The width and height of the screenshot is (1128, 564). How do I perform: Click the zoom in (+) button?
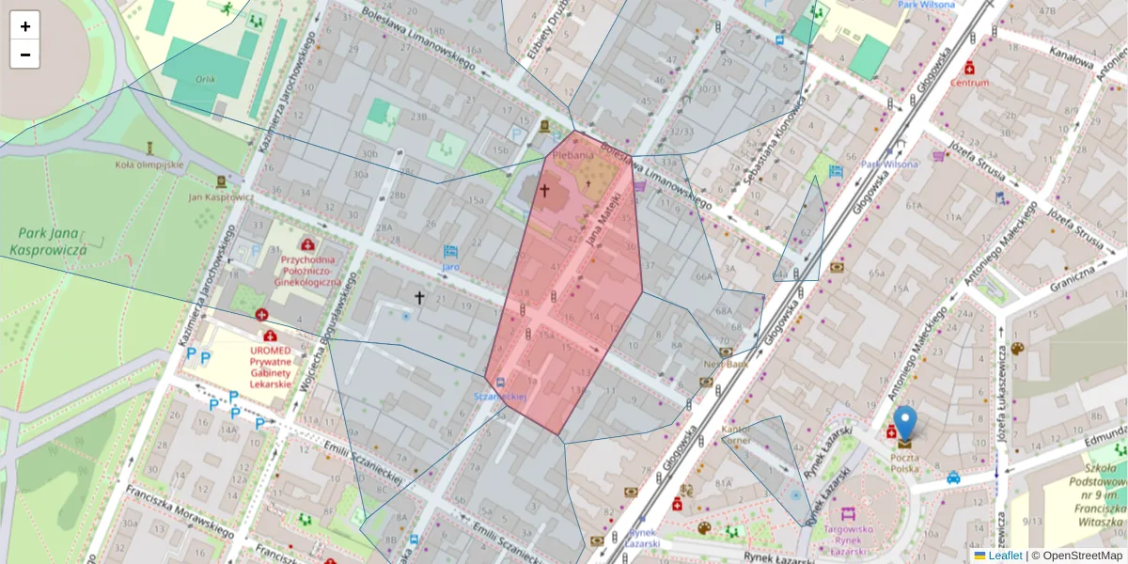tap(24, 26)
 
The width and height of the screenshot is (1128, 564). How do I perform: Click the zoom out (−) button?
tap(24, 55)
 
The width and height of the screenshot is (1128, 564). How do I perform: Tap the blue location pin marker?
tap(904, 425)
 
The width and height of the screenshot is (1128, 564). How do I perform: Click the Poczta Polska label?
tap(904, 462)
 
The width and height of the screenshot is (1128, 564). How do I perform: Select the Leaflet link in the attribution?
tap(1004, 556)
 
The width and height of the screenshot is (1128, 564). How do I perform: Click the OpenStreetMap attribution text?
tap(1082, 556)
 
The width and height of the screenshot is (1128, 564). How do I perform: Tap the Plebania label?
tap(573, 154)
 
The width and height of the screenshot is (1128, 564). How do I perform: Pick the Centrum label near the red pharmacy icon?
tap(970, 82)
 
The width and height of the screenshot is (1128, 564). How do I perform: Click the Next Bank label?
tap(726, 363)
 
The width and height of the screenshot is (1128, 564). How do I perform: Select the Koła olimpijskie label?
tap(149, 164)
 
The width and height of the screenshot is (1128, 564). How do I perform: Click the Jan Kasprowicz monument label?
tap(221, 196)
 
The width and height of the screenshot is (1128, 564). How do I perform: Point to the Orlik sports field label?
tap(206, 80)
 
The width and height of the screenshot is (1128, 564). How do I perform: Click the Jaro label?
tap(450, 267)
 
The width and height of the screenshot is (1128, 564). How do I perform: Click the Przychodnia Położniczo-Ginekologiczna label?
tap(307, 268)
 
